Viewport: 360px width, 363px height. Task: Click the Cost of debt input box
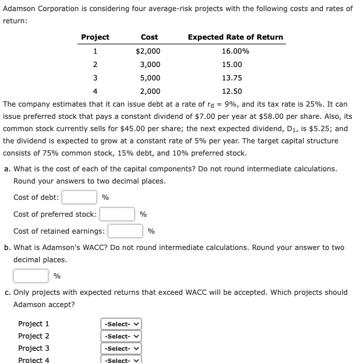point(79,198)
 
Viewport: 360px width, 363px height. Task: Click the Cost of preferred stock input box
point(118,214)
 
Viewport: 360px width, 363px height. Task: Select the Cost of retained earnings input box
point(125,231)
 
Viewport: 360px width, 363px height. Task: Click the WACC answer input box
point(31,276)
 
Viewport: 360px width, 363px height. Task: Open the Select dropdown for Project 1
point(122,324)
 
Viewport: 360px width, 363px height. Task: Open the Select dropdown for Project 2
point(122,336)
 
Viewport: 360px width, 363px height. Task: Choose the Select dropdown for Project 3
point(122,348)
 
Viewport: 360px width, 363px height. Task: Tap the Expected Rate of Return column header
point(235,37)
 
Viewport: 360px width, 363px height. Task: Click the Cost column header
point(149,37)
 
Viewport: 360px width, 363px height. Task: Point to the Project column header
point(95,37)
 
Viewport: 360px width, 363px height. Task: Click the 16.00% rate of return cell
point(235,51)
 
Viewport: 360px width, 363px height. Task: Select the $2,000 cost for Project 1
point(148,51)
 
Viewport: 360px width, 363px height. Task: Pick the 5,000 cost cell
point(150,77)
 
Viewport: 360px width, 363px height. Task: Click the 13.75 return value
point(232,77)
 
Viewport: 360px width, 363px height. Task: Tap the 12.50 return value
point(232,91)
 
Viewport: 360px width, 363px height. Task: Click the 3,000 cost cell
point(150,64)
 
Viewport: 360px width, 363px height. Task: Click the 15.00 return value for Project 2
point(232,64)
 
